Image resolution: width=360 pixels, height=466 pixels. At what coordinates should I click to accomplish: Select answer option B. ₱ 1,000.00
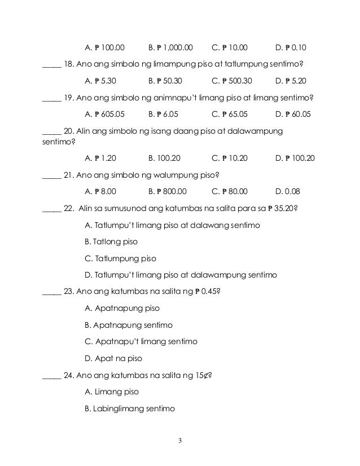coord(170,47)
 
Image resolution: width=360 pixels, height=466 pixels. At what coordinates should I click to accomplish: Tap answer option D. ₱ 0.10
coord(294,47)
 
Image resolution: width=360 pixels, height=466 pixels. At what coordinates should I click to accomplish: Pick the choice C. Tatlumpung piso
coord(120,259)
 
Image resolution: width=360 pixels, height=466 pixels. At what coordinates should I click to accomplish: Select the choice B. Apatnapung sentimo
coord(128,326)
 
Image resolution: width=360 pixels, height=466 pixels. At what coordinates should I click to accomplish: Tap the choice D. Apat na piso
coord(113,358)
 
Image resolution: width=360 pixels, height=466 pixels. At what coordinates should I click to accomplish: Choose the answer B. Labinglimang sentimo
coord(130,408)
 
